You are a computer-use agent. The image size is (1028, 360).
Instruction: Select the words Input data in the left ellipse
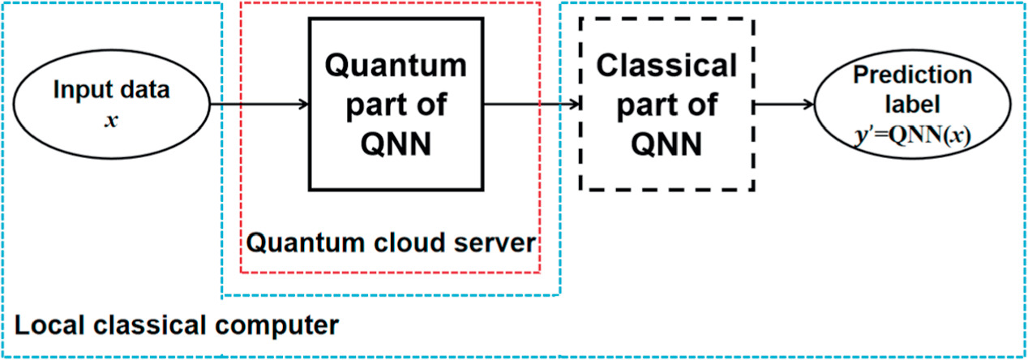pos(112,90)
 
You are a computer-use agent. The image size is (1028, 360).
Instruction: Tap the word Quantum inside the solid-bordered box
pos(396,65)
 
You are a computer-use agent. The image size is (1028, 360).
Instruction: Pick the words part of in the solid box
pos(396,105)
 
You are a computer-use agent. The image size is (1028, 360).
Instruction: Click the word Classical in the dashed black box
pos(666,65)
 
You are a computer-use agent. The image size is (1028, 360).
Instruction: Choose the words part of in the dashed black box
pos(666,105)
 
